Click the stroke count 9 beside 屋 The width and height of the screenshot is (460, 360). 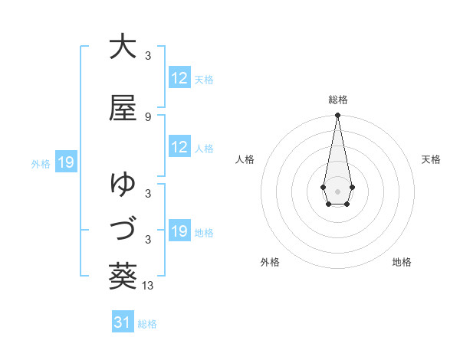pyautogui.click(x=148, y=117)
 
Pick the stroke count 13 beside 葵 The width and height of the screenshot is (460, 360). pyautogui.click(x=148, y=286)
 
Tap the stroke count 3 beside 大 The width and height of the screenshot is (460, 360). pyautogui.click(x=148, y=55)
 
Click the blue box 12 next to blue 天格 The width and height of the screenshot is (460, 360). pyautogui.click(x=179, y=78)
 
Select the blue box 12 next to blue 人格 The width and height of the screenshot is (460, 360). pyautogui.click(x=179, y=147)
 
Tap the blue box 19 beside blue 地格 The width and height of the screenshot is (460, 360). pyautogui.click(x=179, y=231)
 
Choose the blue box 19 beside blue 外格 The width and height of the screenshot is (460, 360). pyautogui.click(x=66, y=162)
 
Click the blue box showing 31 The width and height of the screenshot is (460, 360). pyautogui.click(x=123, y=323)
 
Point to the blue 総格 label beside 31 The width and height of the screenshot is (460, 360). pyautogui.click(x=147, y=324)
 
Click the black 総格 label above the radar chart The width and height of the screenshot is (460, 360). pyautogui.click(x=338, y=100)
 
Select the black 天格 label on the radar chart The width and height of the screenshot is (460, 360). pyautogui.click(x=431, y=159)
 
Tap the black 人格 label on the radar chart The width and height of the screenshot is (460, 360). pyautogui.click(x=245, y=159)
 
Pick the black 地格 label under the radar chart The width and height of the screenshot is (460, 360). pyautogui.click(x=402, y=262)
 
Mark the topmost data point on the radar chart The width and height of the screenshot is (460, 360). pyautogui.click(x=337, y=115)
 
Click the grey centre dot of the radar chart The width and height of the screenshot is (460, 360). pyautogui.click(x=337, y=190)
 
